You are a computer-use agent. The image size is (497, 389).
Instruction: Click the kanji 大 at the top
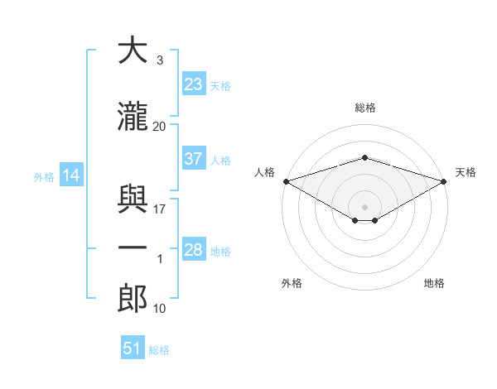133,50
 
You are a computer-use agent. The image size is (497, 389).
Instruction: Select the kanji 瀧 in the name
133,116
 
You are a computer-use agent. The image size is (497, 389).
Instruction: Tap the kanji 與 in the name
133,199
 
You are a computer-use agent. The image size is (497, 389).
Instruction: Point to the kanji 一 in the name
133,247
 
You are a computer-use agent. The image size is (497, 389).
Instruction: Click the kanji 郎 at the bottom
133,298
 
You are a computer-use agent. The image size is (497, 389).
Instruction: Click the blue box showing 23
194,84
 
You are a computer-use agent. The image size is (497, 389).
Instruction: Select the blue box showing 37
194,158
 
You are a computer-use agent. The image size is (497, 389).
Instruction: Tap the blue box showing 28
194,248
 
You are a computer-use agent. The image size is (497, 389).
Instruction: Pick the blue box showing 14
71,175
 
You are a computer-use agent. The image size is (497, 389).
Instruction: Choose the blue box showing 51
133,347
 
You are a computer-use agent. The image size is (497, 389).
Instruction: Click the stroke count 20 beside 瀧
159,127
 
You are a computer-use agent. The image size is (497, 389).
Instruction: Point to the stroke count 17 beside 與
159,209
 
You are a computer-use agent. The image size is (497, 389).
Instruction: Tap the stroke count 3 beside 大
160,60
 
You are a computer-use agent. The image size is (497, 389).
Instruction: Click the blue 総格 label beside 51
159,350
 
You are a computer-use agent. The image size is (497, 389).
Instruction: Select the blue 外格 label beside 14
44,177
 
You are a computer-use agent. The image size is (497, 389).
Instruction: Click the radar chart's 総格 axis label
365,108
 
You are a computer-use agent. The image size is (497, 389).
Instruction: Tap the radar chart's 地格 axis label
434,283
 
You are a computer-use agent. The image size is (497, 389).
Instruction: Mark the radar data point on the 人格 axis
287,181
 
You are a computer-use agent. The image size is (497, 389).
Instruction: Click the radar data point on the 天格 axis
444,181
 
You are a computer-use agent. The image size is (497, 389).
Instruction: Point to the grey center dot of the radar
364,207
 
